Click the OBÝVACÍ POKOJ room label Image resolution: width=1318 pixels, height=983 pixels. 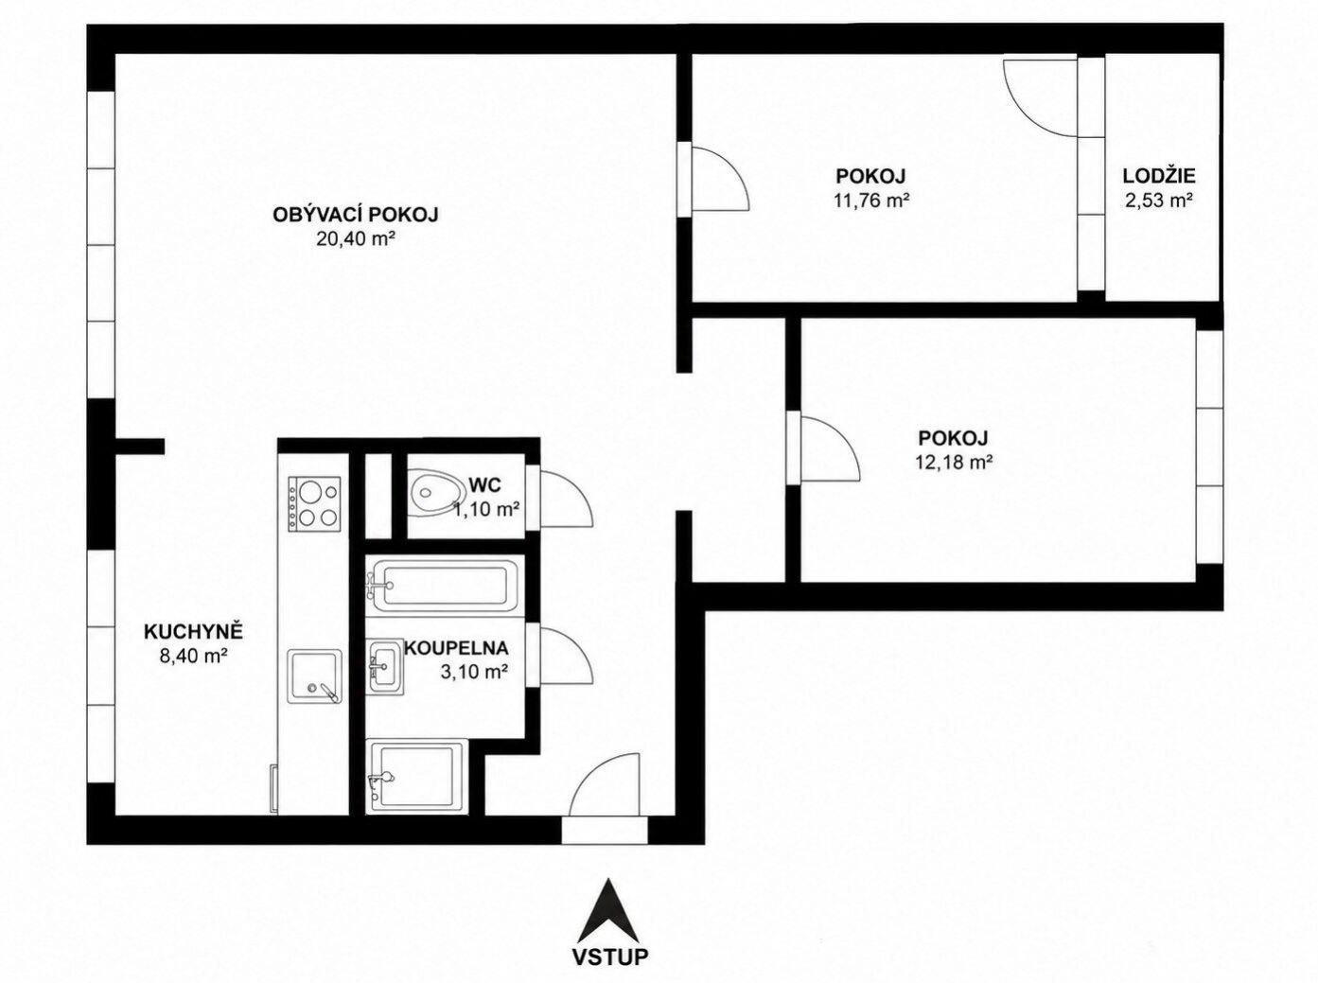coord(356,215)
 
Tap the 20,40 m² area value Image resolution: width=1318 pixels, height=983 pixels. coord(356,239)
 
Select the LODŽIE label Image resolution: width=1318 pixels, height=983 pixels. coord(1159,176)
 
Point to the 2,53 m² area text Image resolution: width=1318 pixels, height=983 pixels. coord(1159,201)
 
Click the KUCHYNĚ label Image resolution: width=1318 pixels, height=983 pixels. coord(193,631)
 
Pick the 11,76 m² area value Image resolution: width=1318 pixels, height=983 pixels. coord(870,201)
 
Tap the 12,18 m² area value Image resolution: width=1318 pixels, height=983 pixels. coord(953,462)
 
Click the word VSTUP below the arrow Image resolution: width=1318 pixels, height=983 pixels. coord(609,957)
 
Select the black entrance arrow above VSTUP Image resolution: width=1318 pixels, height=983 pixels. coord(609,910)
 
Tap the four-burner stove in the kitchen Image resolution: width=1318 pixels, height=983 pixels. coord(315,504)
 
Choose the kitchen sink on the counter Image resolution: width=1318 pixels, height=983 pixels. coord(316,676)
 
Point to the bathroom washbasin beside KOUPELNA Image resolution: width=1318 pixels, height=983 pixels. coord(385,666)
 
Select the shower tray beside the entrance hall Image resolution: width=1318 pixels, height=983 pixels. coord(416,777)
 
